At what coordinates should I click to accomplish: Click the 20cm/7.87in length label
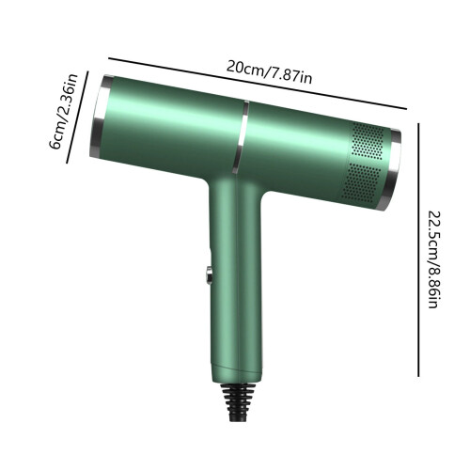[x=269, y=72]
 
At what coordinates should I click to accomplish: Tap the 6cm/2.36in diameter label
[x=64, y=112]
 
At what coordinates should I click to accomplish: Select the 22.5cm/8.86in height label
[x=434, y=259]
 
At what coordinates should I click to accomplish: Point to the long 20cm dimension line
[x=258, y=84]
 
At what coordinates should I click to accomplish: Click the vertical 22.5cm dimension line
[x=418, y=250]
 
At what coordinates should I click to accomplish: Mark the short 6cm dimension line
[x=77, y=117]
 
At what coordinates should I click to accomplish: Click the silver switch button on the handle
[x=209, y=275]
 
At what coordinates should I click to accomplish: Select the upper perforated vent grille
[x=368, y=141]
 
